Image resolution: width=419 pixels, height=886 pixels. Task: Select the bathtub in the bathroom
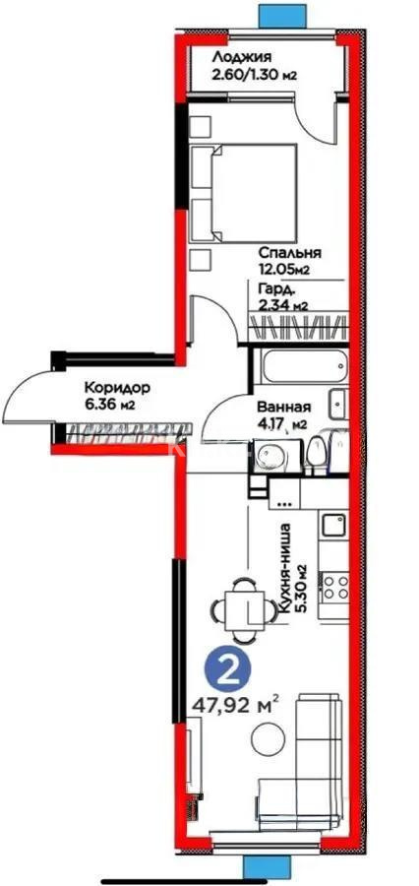[x=294, y=372]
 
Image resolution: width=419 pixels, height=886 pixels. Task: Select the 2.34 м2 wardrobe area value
[x=283, y=305]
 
